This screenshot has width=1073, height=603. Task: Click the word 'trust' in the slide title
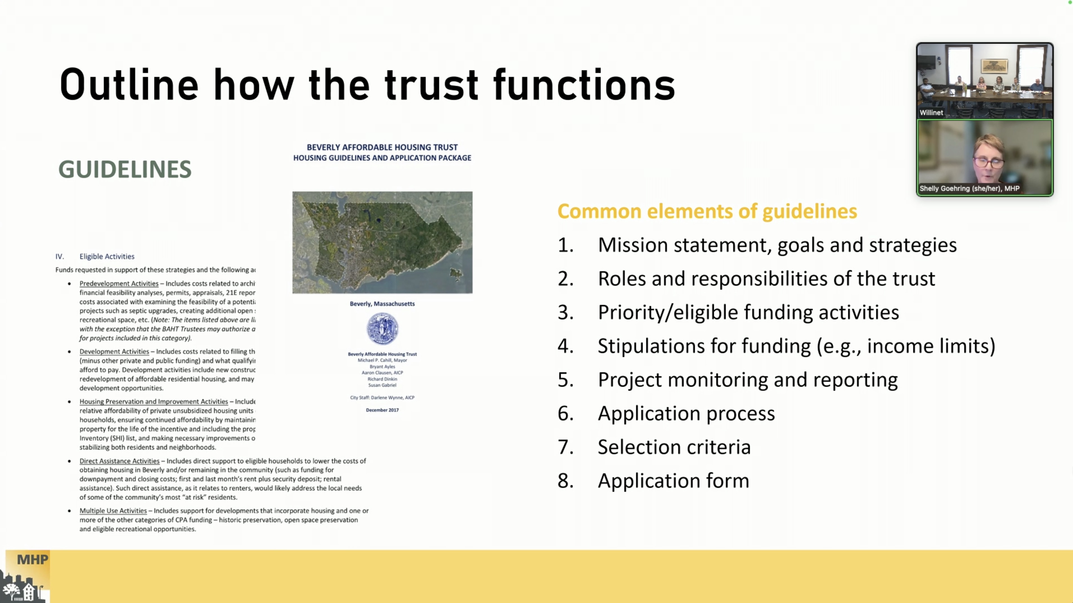pyautogui.click(x=431, y=86)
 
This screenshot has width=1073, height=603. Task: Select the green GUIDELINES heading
pyautogui.click(x=125, y=169)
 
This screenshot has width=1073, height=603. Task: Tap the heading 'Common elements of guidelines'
pyautogui.click(x=707, y=211)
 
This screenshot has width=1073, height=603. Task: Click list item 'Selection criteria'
pyautogui.click(x=674, y=447)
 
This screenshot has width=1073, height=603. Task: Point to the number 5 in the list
pyautogui.click(x=565, y=380)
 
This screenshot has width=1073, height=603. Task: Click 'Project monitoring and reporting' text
pyautogui.click(x=748, y=380)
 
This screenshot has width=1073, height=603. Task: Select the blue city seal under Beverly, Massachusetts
pyautogui.click(x=382, y=329)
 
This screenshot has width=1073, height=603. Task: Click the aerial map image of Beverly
pyautogui.click(x=382, y=242)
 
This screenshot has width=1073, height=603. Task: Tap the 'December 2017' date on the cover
pyautogui.click(x=382, y=410)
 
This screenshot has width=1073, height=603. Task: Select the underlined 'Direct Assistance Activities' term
pyautogui.click(x=119, y=461)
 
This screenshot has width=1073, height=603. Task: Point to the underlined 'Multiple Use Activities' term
pyautogui.click(x=113, y=510)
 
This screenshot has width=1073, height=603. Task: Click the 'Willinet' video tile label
pyautogui.click(x=931, y=113)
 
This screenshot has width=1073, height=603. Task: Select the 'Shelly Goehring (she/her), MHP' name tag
pyautogui.click(x=969, y=188)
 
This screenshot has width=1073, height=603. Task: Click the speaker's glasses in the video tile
pyautogui.click(x=989, y=162)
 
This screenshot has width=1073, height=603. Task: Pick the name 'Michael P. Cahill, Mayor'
pyautogui.click(x=382, y=360)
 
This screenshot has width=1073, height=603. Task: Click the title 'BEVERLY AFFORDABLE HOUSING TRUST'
pyautogui.click(x=382, y=147)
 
